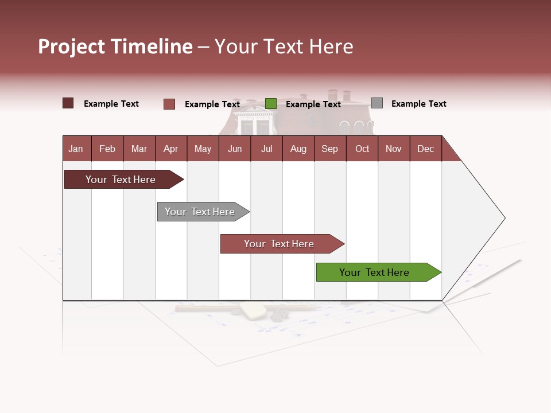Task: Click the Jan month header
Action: (76, 149)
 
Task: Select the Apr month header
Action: (170, 149)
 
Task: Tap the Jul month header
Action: (266, 149)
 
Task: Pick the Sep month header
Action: (329, 149)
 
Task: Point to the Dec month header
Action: (425, 149)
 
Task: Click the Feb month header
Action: (107, 149)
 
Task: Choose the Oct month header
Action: (362, 149)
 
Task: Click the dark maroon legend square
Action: (68, 103)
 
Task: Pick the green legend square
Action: (271, 104)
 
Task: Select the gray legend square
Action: (377, 103)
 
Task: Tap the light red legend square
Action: (169, 104)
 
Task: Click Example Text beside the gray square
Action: (418, 104)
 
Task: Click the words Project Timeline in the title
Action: (115, 46)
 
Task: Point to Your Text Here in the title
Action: (284, 46)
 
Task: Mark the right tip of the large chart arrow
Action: (504, 218)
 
